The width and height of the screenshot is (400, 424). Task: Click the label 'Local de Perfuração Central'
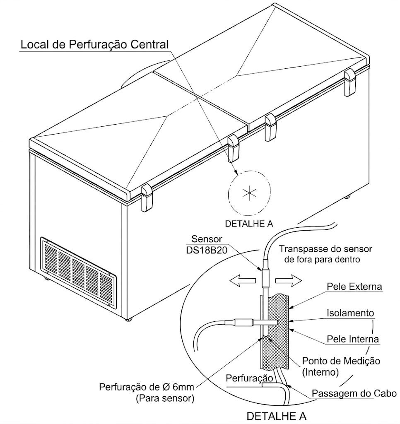pos(94,44)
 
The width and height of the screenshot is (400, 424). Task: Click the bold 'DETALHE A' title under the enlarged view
pos(277,416)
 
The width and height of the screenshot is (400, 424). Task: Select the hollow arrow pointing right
pos(289,281)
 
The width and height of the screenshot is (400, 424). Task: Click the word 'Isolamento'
pos(350,313)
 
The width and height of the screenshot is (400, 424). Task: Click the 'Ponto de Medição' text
pos(341,361)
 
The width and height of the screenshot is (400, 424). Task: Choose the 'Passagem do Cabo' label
pos(354,393)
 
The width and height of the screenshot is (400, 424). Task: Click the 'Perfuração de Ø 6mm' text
pos(147,388)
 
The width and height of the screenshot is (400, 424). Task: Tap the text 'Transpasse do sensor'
pos(325,249)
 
